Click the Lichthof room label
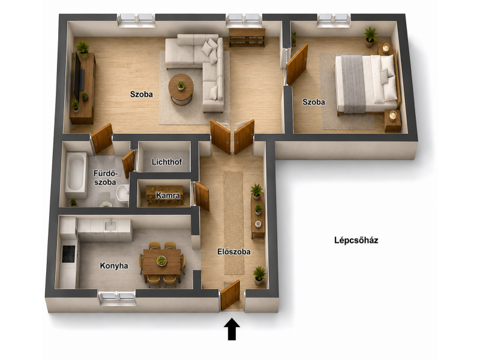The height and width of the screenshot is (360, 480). coord(167,161)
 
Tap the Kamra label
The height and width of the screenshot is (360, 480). coord(168,196)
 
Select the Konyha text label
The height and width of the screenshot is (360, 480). coord(114,266)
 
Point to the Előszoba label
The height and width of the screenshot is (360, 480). coord(234,251)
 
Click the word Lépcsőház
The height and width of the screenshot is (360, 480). coord(356,240)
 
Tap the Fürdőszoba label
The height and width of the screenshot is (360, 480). coord(106,178)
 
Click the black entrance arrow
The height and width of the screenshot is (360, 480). coord(232,329)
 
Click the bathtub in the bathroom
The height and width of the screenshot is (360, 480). coord(76,172)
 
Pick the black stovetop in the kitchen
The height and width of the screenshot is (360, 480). coord(68,254)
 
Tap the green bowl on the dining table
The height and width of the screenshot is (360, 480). coord(161,261)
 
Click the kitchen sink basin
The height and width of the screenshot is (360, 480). coord(110,226)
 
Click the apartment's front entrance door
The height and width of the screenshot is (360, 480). coord(230,295)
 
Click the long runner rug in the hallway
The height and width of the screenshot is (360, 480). coord(234,223)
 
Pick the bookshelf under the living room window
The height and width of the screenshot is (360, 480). coord(247,38)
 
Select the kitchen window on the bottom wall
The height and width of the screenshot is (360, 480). coord(117,296)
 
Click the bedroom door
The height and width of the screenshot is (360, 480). coord(297,64)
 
